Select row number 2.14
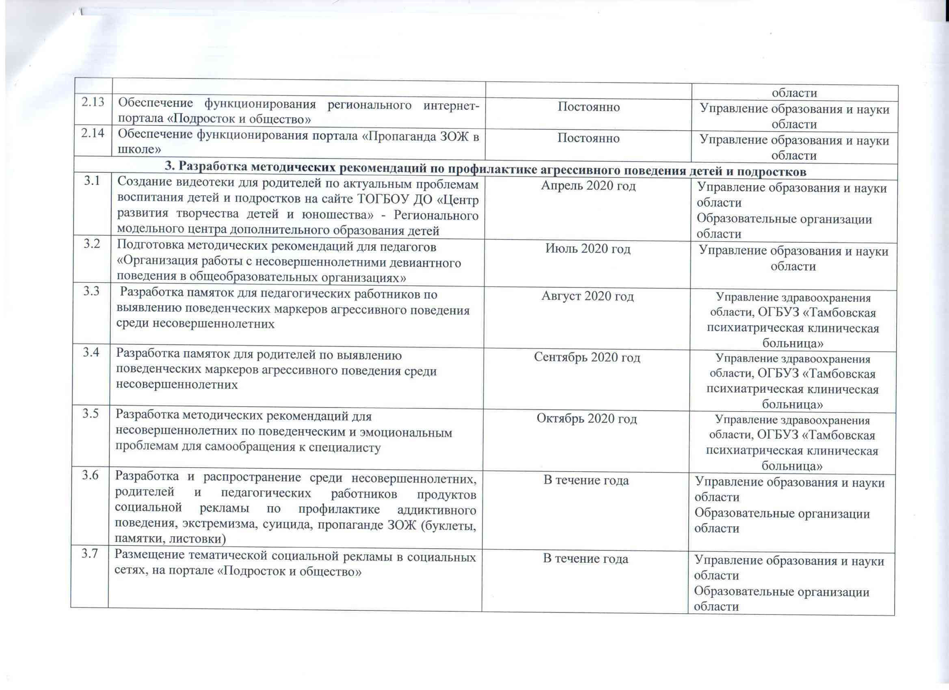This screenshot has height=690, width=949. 93,135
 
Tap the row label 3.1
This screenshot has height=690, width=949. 93,181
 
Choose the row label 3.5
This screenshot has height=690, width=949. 91,414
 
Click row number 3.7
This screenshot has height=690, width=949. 90,554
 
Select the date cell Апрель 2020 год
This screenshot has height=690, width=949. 588,185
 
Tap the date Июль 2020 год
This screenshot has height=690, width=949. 588,249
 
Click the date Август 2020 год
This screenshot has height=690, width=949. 588,296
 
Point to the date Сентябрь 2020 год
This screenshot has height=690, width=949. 587,358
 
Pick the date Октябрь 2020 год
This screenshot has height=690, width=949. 587,418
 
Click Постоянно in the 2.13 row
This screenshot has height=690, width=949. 589,107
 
